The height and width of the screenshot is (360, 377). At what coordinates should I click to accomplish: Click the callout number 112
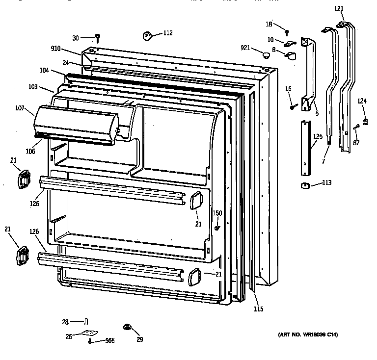[x=168, y=33]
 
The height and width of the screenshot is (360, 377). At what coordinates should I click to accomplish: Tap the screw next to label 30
[x=98, y=37]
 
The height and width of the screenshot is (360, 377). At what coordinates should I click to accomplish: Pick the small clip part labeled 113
[x=305, y=184]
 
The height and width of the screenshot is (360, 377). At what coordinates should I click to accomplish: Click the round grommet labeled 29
[x=128, y=327]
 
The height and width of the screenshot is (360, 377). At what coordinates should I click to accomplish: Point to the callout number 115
[x=258, y=309]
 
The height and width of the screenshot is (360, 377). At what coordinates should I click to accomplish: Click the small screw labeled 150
[x=216, y=227]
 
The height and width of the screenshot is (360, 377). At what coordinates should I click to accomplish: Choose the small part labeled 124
[x=365, y=121]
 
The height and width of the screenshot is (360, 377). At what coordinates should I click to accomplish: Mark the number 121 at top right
[x=339, y=8]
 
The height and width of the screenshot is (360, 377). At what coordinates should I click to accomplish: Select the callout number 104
[x=44, y=71]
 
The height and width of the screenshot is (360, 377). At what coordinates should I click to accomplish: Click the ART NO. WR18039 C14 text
[x=308, y=335]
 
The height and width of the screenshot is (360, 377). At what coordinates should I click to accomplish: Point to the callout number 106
[x=30, y=151]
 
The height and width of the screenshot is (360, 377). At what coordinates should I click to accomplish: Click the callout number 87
[x=355, y=143]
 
